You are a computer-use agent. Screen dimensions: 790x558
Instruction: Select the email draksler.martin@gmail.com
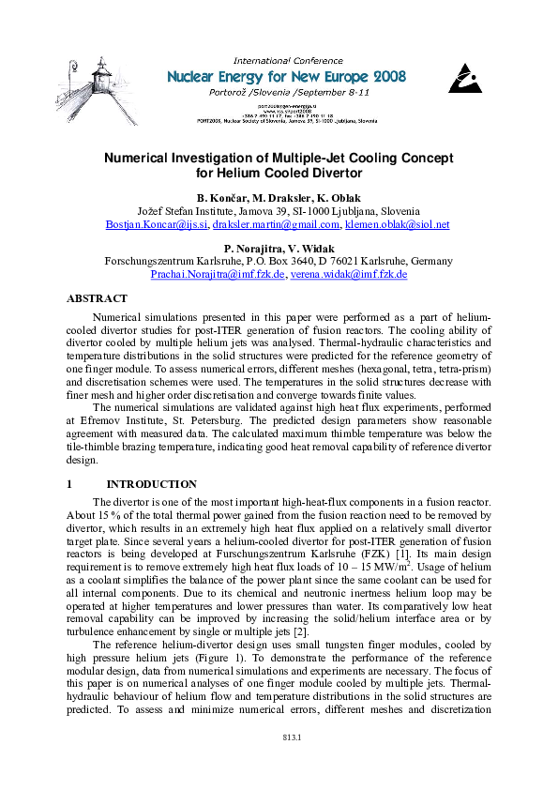pos(276,225)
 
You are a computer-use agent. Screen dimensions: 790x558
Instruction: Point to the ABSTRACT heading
pos(97,298)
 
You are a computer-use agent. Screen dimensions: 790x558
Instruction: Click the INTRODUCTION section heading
pos(152,484)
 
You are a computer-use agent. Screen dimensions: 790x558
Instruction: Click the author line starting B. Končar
pos(279,198)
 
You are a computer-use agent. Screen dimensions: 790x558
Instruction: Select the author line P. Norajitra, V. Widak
pos(279,247)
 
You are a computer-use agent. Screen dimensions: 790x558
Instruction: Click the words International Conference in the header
pos(288,61)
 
